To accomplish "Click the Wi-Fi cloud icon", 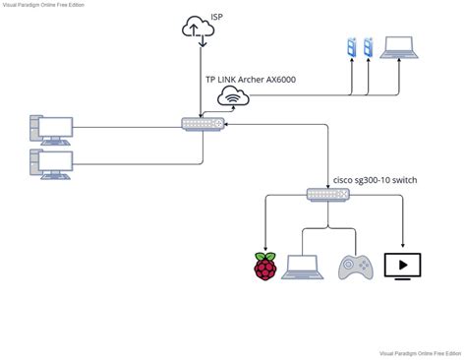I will (233, 95).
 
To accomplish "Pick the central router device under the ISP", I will (203, 124).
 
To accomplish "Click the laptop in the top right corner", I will (399, 46).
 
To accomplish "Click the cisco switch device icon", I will (327, 195).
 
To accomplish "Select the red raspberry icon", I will (264, 267).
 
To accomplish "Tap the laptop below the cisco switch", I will (304, 267).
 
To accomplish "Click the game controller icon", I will (354, 267).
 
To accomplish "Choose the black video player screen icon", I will (402, 267).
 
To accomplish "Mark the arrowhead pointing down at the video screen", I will (402, 246).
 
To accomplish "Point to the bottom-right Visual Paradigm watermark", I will (421, 352).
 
